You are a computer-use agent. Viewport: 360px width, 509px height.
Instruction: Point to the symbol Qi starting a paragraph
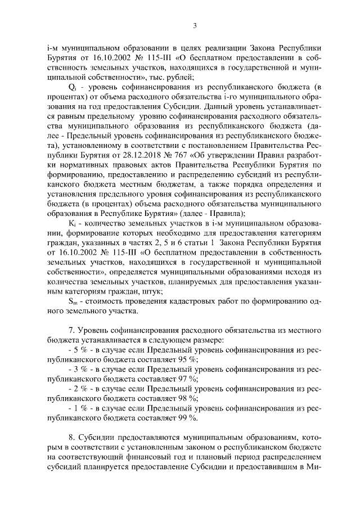coord(72,87)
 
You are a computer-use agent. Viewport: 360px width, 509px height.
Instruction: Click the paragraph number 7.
coord(70,330)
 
